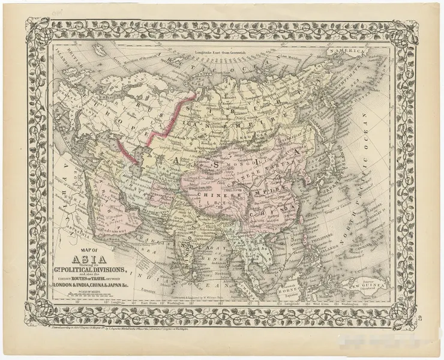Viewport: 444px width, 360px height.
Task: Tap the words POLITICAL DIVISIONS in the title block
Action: point(92,269)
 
